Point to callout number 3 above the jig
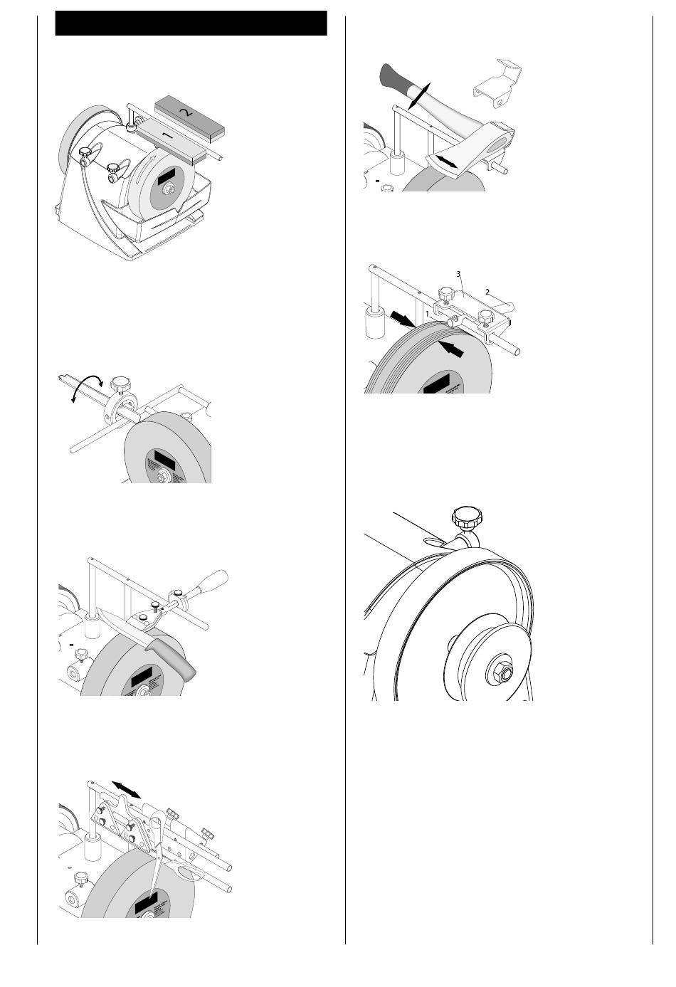(459, 273)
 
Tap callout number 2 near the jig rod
(487, 290)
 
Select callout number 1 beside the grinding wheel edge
(427, 313)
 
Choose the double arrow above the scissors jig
(127, 788)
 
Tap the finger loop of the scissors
(189, 873)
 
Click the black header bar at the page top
(191, 23)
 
